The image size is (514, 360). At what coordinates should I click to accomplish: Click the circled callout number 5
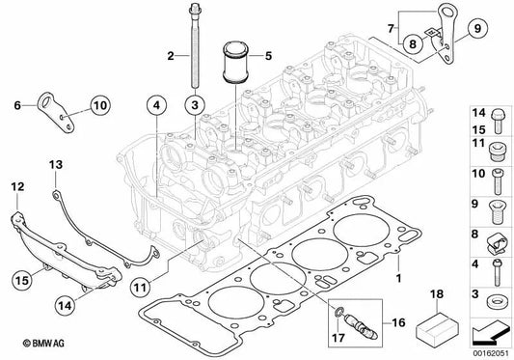(269, 56)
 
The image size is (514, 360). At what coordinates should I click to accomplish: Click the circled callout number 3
(194, 102)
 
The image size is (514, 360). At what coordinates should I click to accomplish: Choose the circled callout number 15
(21, 281)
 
